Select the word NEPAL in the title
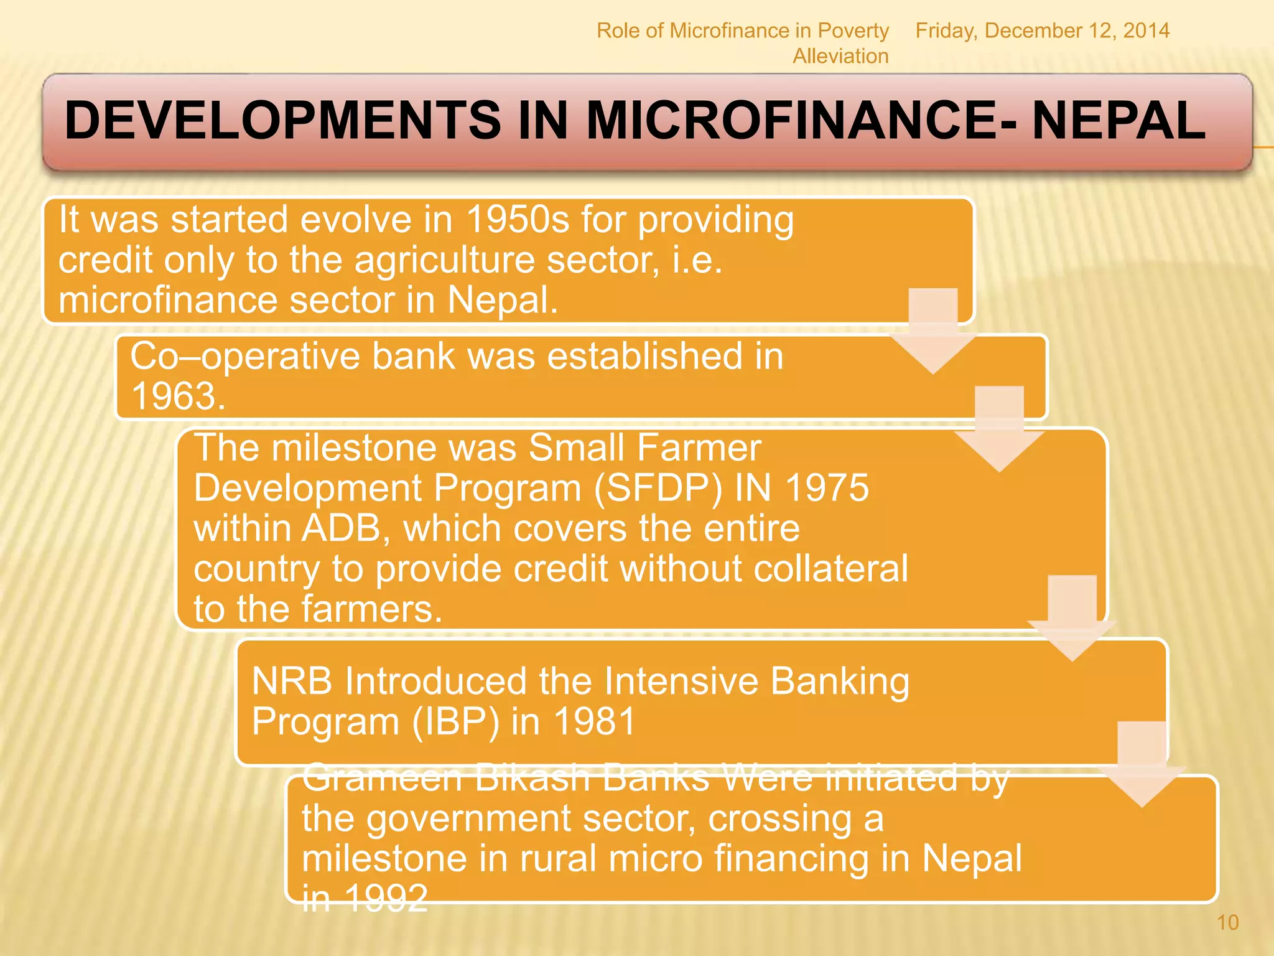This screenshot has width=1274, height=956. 1119,120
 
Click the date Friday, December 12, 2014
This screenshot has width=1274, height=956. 1042,30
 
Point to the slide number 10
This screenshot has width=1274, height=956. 1227,922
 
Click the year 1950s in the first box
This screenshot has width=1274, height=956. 517,220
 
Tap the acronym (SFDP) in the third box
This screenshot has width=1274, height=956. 658,487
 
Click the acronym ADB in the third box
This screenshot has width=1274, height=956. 341,528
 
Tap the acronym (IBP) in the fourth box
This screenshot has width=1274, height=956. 455,721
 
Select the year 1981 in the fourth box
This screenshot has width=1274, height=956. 594,721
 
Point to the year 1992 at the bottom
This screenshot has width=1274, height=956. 386,898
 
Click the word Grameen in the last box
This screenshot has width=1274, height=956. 383,778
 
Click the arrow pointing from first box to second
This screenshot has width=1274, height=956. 932,331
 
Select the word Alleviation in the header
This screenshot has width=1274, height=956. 840,56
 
